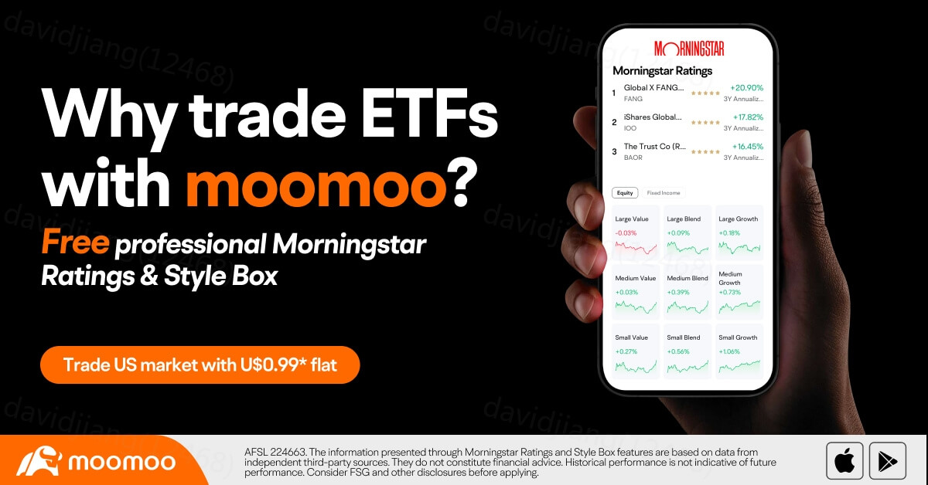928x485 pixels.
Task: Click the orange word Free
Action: [x=74, y=244]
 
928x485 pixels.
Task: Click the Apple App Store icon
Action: [x=844, y=461]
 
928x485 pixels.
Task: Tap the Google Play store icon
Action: [x=887, y=461]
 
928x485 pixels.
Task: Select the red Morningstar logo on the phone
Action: [x=689, y=49]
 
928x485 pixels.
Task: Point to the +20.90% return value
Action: [x=746, y=88]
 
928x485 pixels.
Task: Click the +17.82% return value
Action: [x=747, y=117]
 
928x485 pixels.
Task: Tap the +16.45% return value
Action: [x=747, y=147]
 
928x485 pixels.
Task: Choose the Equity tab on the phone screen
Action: [x=624, y=193]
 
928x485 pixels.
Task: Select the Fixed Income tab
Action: [x=664, y=193]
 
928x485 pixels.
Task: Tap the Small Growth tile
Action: [x=739, y=351]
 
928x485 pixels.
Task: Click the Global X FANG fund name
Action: [x=653, y=88]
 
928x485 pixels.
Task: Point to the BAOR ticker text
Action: [x=633, y=158]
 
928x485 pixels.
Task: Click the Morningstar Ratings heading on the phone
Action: [x=662, y=71]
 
